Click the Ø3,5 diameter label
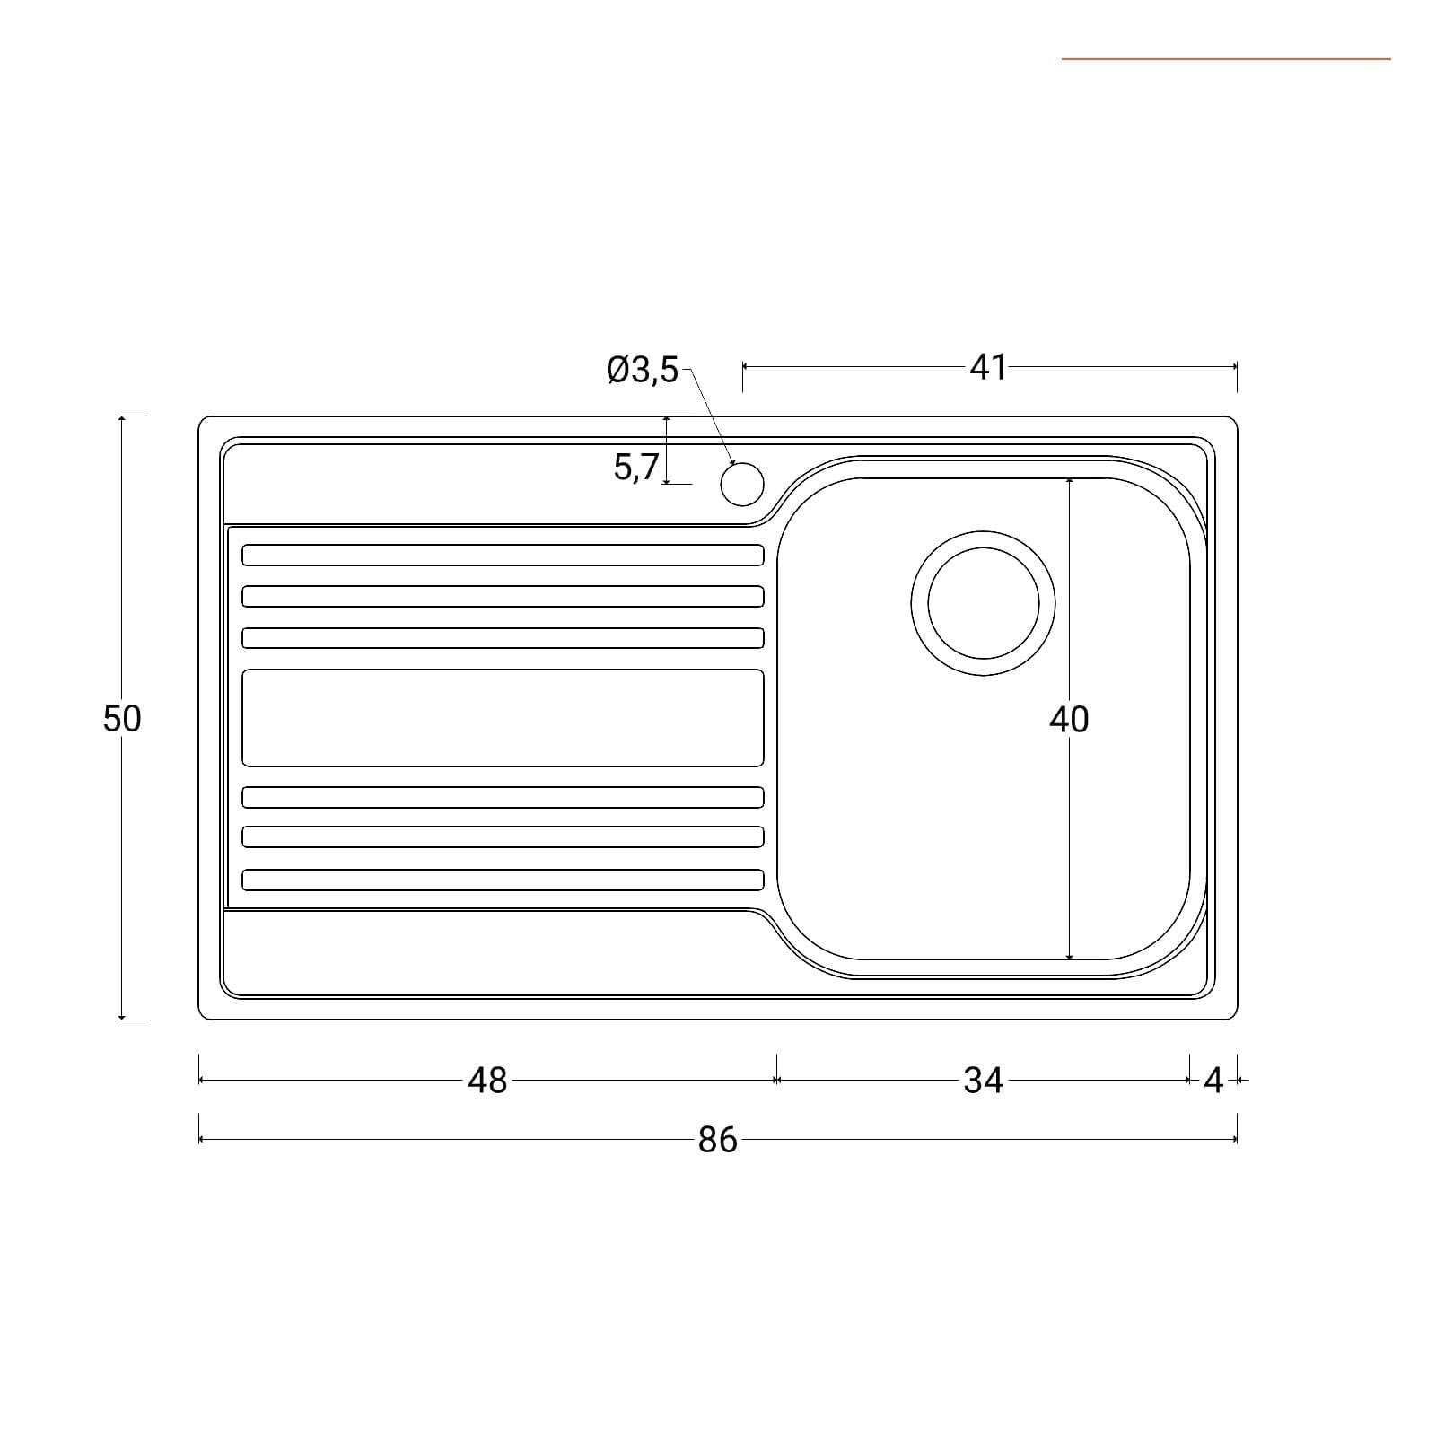643,370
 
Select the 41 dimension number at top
988,367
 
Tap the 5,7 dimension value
636,468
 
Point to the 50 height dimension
122,718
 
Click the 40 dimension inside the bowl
1069,719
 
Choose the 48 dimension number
487,1081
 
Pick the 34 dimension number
983,1081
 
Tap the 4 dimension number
1213,1081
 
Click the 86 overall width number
717,1140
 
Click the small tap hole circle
742,484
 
